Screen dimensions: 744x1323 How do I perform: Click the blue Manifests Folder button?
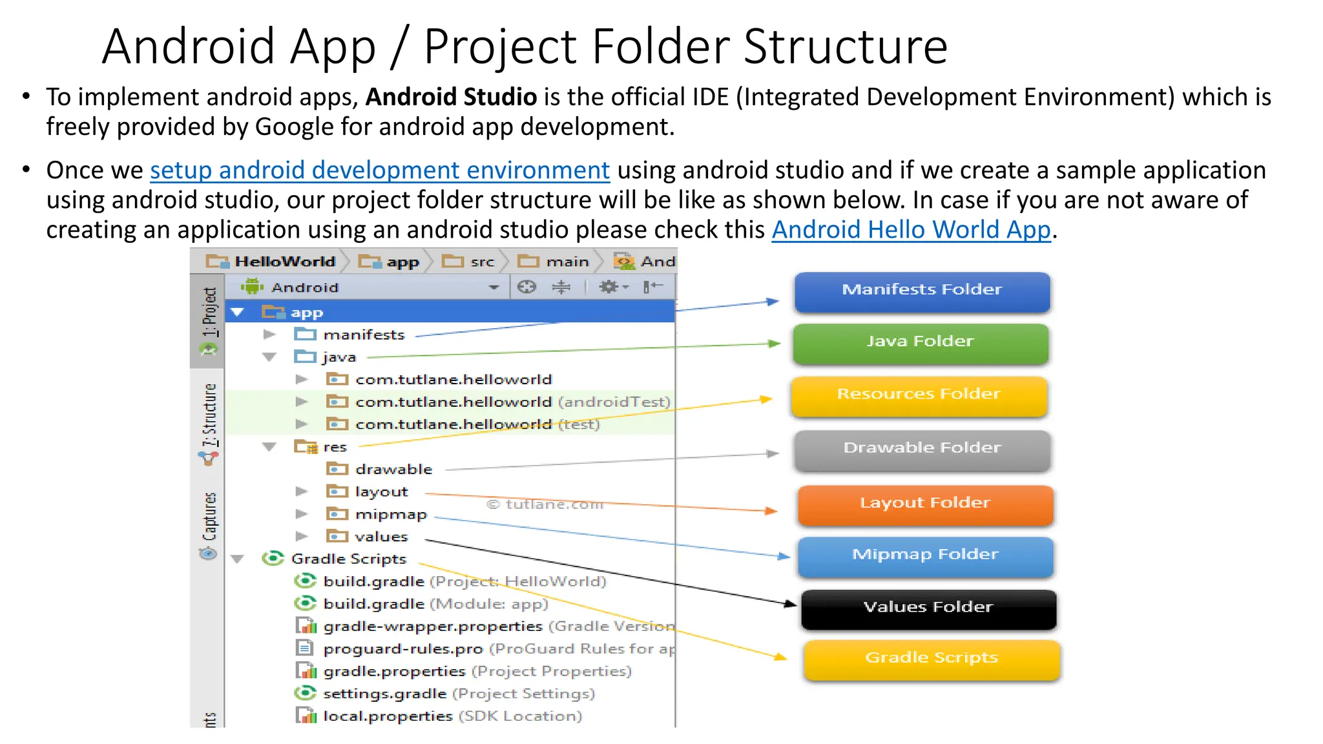click(922, 291)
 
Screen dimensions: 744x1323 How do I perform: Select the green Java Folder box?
click(920, 343)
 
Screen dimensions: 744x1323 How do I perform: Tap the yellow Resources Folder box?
click(919, 395)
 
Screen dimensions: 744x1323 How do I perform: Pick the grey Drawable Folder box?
click(922, 449)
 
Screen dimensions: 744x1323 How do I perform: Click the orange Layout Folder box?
click(925, 504)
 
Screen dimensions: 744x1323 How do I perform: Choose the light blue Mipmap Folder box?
click(925, 556)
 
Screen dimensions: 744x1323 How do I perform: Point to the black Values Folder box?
click(928, 608)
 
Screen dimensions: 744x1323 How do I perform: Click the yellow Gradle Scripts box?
click(932, 659)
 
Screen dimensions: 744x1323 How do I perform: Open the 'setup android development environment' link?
click(380, 170)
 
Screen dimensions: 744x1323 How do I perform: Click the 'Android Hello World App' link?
click(911, 230)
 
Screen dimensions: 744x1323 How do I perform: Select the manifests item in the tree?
click(364, 335)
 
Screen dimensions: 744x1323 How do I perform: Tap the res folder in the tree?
click(335, 447)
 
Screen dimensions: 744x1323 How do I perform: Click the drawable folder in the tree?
click(393, 470)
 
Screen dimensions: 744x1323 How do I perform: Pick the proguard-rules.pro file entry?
click(402, 648)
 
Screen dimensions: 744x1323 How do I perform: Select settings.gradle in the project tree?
click(384, 694)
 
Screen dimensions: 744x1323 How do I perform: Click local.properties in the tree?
click(388, 716)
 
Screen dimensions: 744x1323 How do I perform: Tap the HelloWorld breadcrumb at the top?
click(284, 262)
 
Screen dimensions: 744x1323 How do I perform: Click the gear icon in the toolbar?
click(609, 287)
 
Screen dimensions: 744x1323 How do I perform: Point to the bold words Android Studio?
click(451, 97)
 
